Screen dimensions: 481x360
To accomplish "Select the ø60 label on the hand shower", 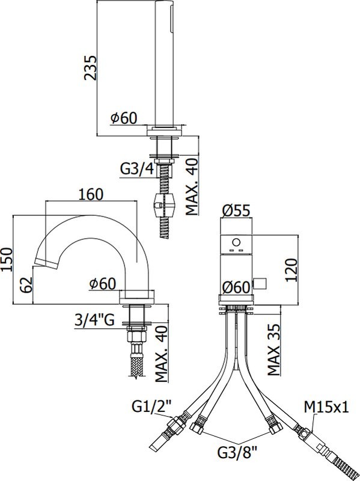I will tap(124, 118).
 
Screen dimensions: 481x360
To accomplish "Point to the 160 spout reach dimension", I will tap(91, 194).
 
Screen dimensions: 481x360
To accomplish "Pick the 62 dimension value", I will tap(24, 285).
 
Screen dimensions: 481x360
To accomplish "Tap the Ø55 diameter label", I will tap(236, 210).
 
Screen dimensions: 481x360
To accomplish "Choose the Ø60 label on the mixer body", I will tap(236, 288).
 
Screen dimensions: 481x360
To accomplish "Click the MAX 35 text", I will tap(274, 351).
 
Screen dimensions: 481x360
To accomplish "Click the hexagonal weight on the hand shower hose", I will tap(161, 206).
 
